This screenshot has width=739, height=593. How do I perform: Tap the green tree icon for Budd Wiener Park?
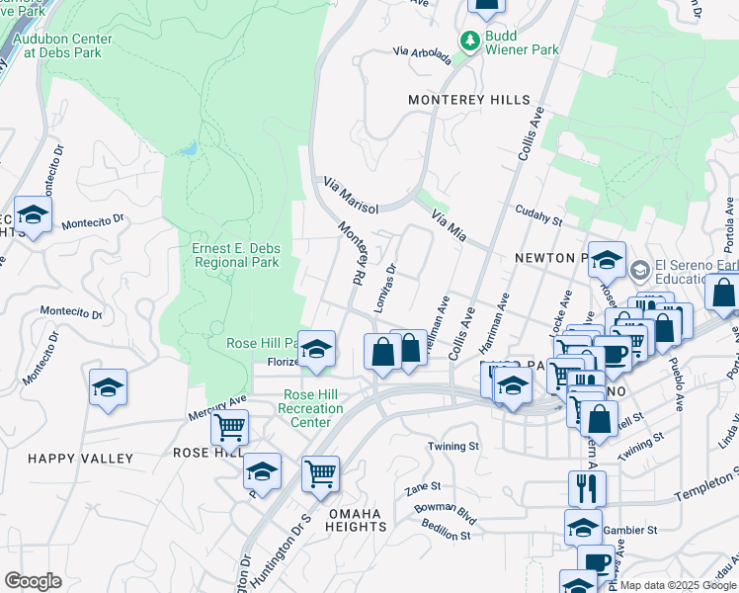[471, 41]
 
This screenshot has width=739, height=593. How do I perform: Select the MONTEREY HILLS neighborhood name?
[469, 100]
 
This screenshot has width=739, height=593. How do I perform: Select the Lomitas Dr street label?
[385, 289]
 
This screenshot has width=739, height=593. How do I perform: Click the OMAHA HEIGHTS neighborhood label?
[357, 520]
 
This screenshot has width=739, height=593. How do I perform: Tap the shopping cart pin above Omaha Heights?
[320, 474]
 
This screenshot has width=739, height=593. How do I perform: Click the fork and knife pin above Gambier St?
[587, 487]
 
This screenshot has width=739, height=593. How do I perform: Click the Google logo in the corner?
[33, 581]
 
